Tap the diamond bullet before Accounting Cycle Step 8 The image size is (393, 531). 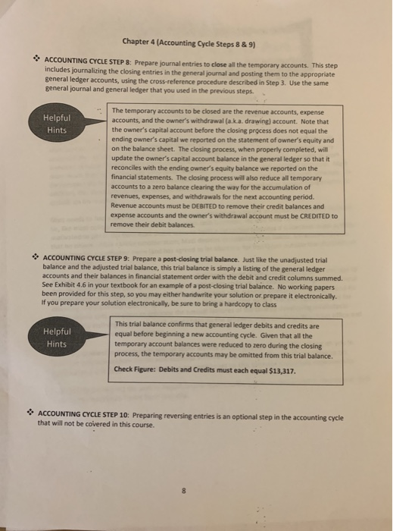[36, 58]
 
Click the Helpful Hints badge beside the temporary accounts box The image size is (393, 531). [56, 123]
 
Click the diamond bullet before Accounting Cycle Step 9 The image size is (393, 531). [37, 257]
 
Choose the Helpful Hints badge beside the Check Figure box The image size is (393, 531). [56, 338]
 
